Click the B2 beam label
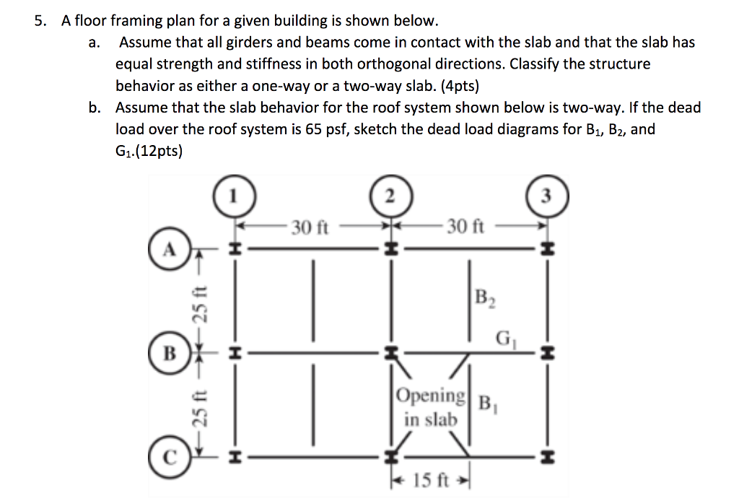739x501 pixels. pyautogui.click(x=485, y=297)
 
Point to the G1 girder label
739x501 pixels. pyautogui.click(x=506, y=337)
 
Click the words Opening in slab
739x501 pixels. pyautogui.click(x=431, y=407)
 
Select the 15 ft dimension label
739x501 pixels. pyautogui.click(x=431, y=479)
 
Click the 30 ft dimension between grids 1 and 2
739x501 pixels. pyautogui.click(x=311, y=227)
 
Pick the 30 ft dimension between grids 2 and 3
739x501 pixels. pyautogui.click(x=465, y=227)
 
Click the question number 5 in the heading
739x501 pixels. pyautogui.click(x=41, y=21)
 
